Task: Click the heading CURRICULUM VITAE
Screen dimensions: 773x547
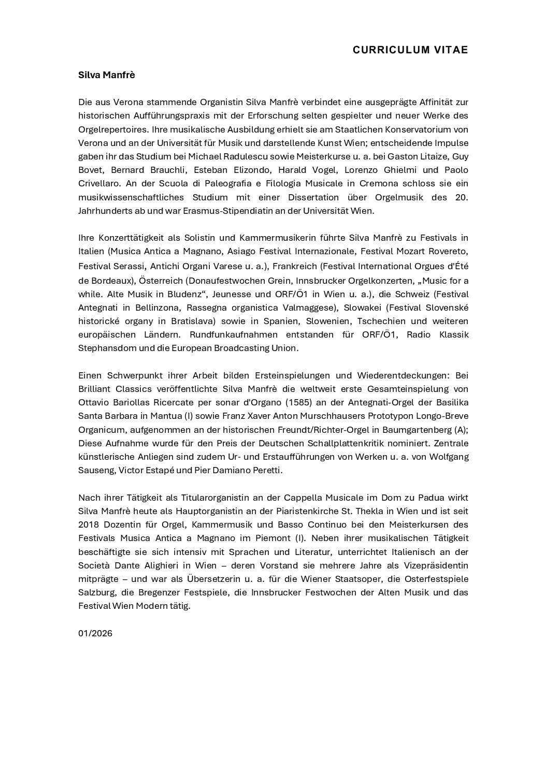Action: tap(410, 50)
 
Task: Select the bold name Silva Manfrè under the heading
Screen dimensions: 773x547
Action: tap(106, 75)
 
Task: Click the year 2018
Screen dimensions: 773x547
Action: tap(89, 524)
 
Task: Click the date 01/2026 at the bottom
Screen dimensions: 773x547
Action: tap(95, 633)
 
